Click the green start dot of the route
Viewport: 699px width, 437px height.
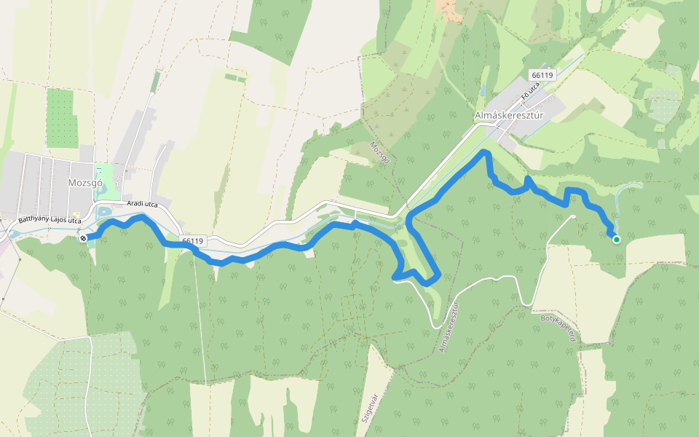(x=617, y=239)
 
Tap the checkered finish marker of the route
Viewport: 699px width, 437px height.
(x=84, y=237)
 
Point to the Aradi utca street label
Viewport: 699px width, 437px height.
(x=142, y=205)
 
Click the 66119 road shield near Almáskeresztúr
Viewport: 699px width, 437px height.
(x=542, y=75)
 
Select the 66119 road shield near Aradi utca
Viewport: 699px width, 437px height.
(x=192, y=240)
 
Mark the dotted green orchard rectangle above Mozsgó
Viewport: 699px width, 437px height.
(x=61, y=117)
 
